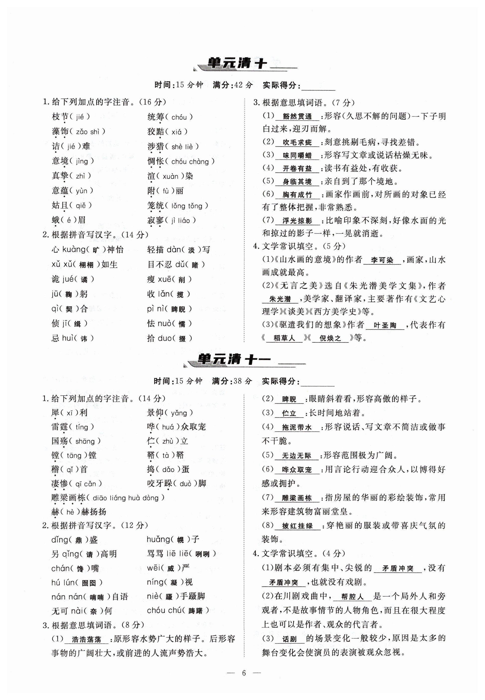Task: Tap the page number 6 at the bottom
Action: [244, 673]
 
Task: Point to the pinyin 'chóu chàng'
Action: [190, 162]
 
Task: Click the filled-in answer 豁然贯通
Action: [297, 117]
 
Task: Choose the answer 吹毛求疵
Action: [297, 142]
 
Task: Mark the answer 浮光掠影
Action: [297, 221]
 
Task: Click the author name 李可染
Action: [382, 260]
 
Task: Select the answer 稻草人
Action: [284, 338]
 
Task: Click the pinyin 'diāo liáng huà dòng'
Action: [126, 498]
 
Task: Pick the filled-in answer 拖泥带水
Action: [297, 427]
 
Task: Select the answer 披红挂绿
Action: [297, 526]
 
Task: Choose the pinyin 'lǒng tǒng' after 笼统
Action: [187, 206]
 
